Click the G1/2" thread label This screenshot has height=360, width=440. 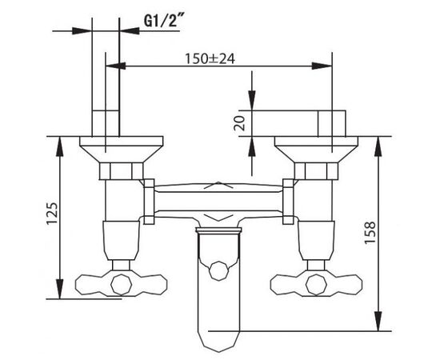(x=162, y=21)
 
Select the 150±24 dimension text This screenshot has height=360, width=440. (x=210, y=59)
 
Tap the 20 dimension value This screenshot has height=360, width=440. (x=239, y=123)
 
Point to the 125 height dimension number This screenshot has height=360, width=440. (x=52, y=213)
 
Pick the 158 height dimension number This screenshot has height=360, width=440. (x=370, y=233)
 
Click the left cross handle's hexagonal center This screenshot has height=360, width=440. (x=122, y=285)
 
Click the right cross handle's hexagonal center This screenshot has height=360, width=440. (x=316, y=285)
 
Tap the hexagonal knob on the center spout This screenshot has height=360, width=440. (x=219, y=270)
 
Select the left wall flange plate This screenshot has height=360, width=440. (x=122, y=149)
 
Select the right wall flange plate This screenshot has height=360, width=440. (x=316, y=149)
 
